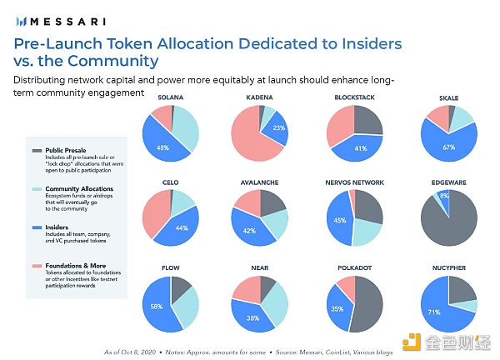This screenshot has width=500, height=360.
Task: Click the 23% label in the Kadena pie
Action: tap(279, 127)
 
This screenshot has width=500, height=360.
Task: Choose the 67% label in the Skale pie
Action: tap(450, 147)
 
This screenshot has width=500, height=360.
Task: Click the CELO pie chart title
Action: tap(172, 182)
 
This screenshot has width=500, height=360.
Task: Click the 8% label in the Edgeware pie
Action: tap(445, 197)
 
